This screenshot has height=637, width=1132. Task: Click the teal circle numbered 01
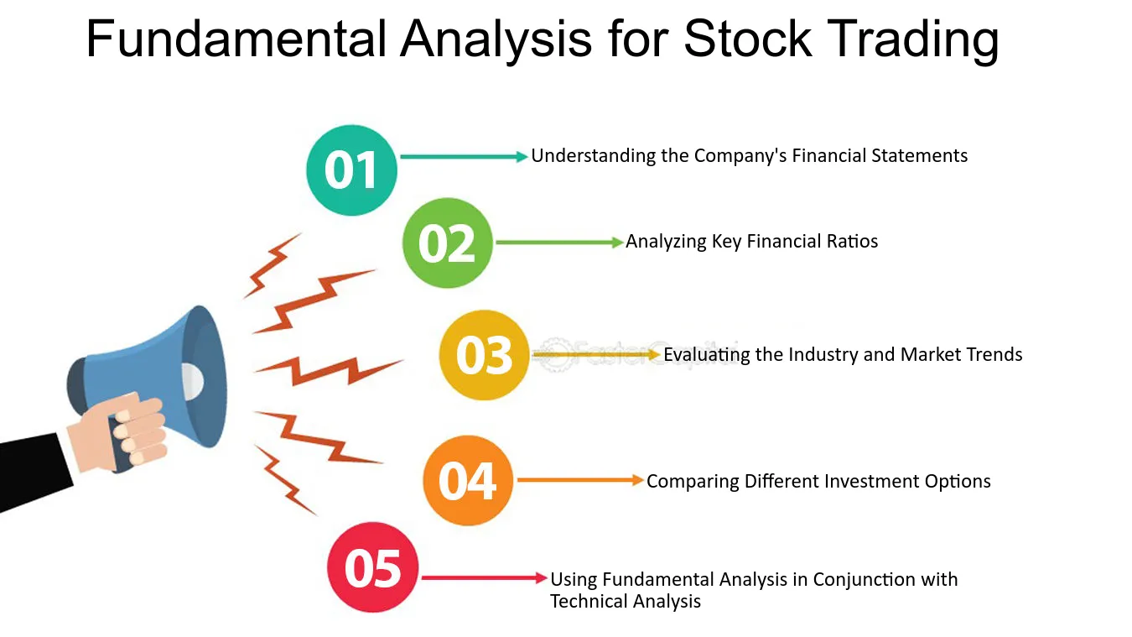click(351, 170)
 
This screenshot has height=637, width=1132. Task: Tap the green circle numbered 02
click(447, 243)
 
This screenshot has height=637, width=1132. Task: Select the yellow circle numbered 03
click(484, 355)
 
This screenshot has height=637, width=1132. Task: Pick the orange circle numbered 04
click(468, 480)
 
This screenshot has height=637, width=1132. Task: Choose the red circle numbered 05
click(372, 567)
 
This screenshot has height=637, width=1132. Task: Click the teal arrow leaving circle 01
click(464, 157)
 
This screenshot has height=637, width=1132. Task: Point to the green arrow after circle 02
click(559, 243)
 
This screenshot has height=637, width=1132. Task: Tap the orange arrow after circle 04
click(580, 480)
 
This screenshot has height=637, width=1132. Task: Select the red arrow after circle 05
click(485, 577)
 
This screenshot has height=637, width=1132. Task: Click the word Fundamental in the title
click(236, 39)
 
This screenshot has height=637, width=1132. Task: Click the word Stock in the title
click(748, 39)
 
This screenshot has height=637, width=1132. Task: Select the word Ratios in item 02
click(852, 242)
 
